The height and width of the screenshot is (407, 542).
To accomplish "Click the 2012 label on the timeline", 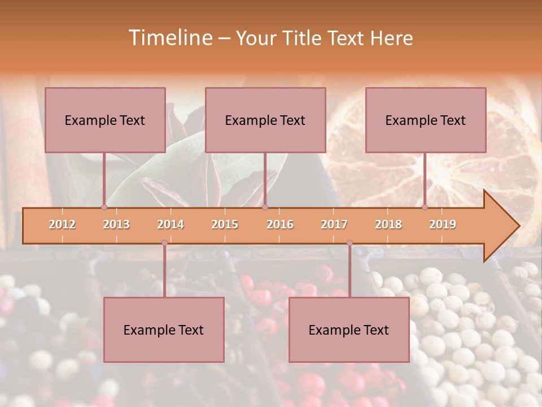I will tap(62, 224).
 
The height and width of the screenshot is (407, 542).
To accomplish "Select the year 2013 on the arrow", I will tap(116, 224).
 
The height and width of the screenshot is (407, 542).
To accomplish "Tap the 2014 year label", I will tap(171, 224).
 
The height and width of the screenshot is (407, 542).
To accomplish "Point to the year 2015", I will tap(225, 224).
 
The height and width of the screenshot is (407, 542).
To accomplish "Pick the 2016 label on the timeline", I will tap(280, 224).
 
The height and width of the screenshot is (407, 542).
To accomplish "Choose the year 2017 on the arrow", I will tap(334, 224).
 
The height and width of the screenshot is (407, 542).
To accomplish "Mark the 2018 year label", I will tap(388, 224).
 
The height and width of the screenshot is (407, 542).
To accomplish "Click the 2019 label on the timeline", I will tap(443, 224).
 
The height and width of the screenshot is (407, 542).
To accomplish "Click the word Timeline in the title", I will tap(169, 38).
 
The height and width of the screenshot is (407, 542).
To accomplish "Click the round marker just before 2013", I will tap(104, 207).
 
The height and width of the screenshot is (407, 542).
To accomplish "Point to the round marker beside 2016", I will tap(265, 207).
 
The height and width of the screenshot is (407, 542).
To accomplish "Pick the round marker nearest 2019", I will tap(425, 207).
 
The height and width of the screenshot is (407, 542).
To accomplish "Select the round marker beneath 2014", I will tap(164, 243).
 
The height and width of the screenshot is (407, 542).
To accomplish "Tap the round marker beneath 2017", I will tap(349, 243).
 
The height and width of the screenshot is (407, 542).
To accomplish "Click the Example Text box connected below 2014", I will tap(164, 330).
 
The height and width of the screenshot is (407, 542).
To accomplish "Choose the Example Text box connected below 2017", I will tap(349, 330).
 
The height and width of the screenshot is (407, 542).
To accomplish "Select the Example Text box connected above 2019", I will tap(426, 120).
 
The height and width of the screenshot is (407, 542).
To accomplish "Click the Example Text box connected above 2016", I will tap(265, 120).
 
